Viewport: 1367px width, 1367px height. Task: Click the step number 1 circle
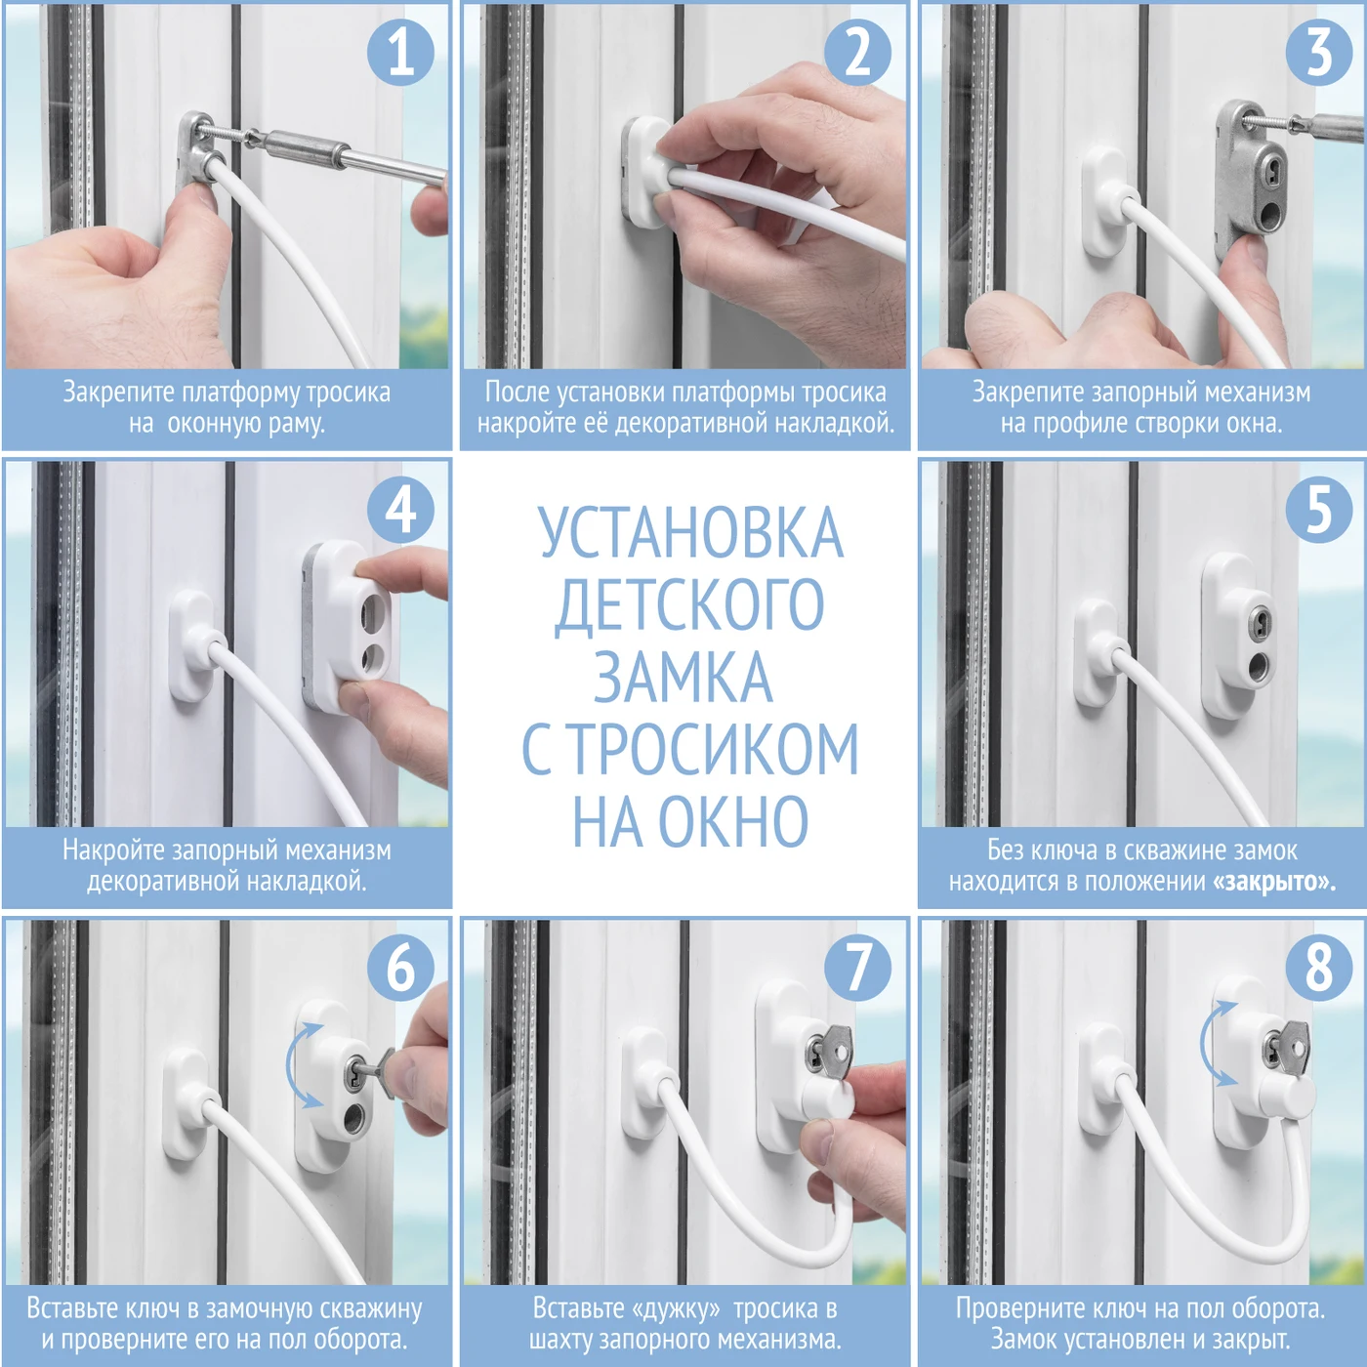pos(400,52)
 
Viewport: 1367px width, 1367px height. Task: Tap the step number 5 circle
pos(1318,509)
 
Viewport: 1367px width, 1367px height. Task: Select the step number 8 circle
pos(1318,967)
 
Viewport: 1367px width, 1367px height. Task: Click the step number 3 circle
pos(1318,52)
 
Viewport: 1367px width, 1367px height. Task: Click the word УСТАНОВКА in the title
pos(690,533)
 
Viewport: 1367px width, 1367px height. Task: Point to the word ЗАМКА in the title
pos(683,677)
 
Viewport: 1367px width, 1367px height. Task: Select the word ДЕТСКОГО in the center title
pos(689,605)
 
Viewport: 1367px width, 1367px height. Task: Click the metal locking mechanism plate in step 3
pos(1258,181)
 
